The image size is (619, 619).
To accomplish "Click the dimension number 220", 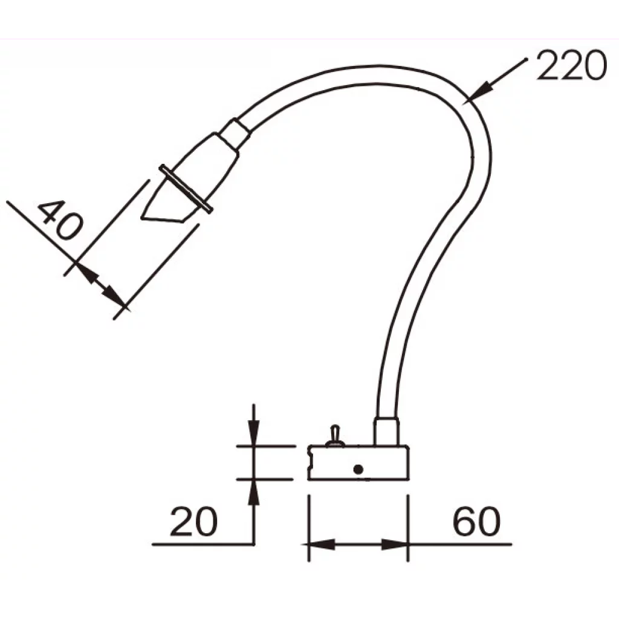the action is pyautogui.click(x=571, y=65).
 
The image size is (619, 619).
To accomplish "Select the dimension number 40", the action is pyautogui.click(x=60, y=220).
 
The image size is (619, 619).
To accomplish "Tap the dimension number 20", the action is pyautogui.click(x=193, y=522).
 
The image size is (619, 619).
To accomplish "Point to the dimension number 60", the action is pyautogui.click(x=476, y=521).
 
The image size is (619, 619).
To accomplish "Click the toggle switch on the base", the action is pyautogui.click(x=334, y=436).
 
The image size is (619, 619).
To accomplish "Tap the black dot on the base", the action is pyautogui.click(x=358, y=469).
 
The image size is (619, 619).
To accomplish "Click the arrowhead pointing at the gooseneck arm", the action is pyautogui.click(x=481, y=91).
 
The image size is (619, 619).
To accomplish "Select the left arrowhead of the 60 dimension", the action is pyautogui.click(x=320, y=545).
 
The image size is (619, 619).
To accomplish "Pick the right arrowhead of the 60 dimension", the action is pyautogui.click(x=395, y=545).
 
